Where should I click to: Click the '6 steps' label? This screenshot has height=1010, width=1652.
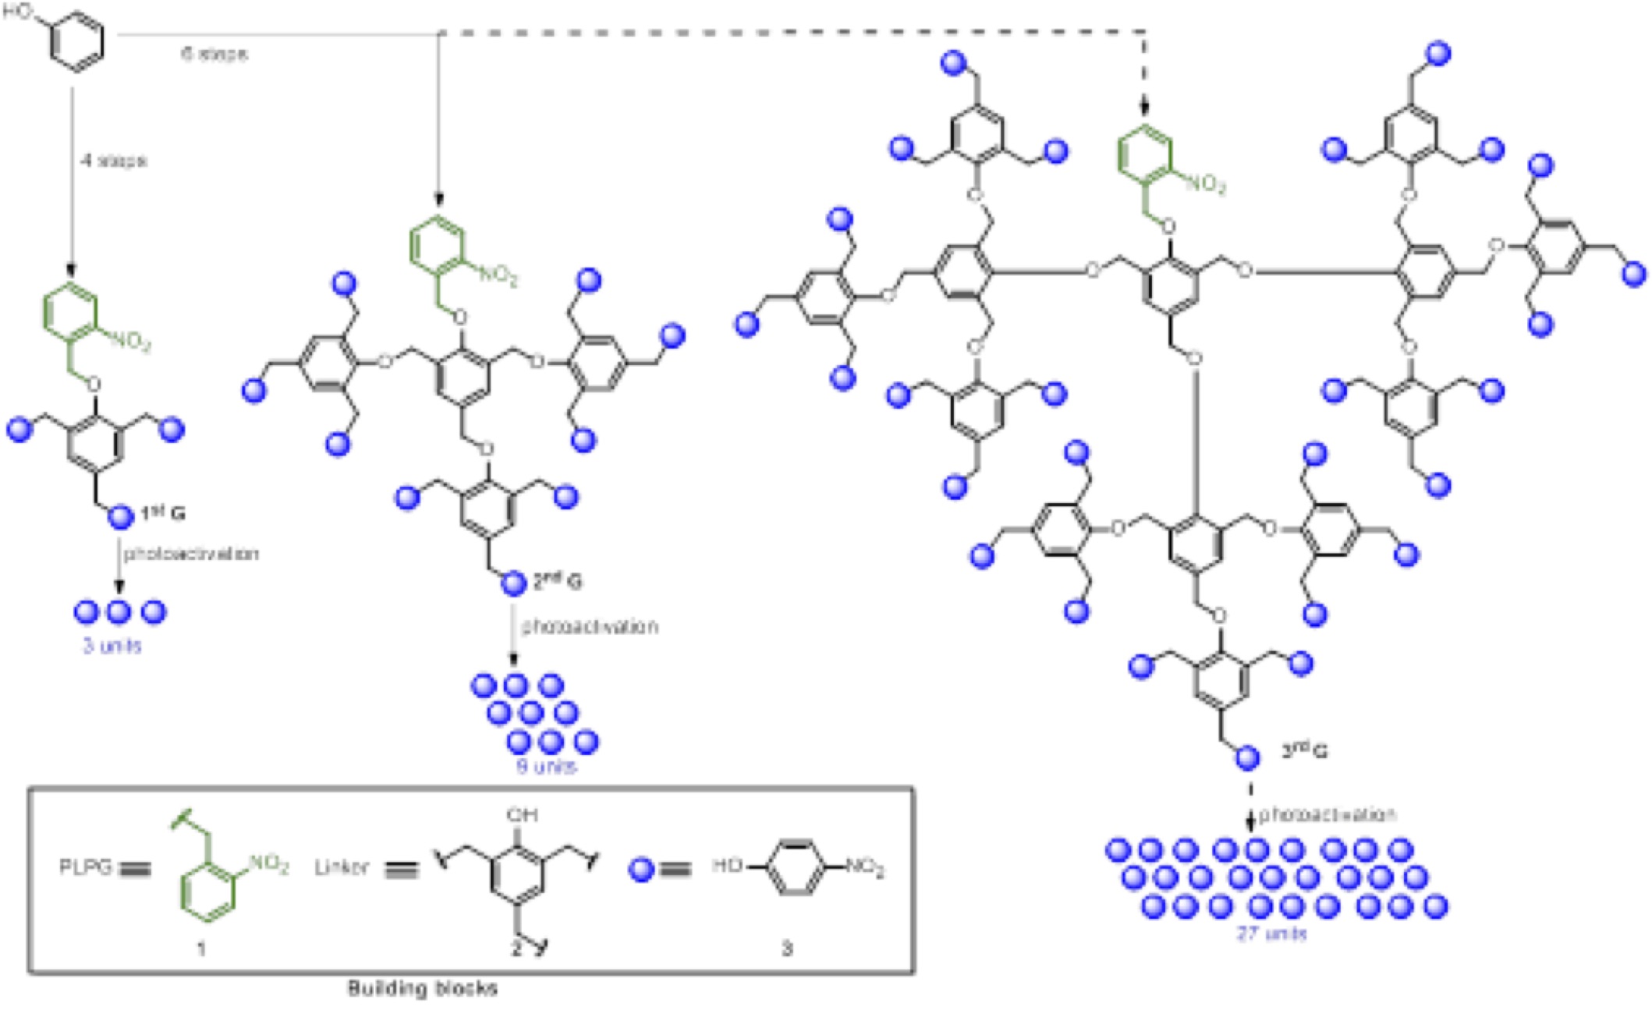pyautogui.click(x=214, y=54)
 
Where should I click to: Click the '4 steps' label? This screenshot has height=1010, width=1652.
pyautogui.click(x=115, y=161)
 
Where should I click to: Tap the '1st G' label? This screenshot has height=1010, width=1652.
pyautogui.click(x=163, y=514)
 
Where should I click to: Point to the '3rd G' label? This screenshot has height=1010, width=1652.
pyautogui.click(x=1305, y=750)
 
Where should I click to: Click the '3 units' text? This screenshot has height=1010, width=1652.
pyautogui.click(x=113, y=646)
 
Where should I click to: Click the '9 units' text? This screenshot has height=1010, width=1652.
pyautogui.click(x=546, y=766)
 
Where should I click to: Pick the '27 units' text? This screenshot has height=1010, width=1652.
pyautogui.click(x=1271, y=933)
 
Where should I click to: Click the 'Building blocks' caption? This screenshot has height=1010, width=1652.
pyautogui.click(x=422, y=989)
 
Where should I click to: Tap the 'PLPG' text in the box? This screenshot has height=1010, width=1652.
pyautogui.click(x=85, y=867)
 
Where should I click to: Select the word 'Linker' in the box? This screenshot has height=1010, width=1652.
pyautogui.click(x=341, y=867)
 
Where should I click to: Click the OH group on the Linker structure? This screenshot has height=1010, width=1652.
pyautogui.click(x=522, y=815)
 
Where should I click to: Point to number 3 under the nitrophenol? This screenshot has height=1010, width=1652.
pyautogui.click(x=787, y=948)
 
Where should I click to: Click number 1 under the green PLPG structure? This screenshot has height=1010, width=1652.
pyautogui.click(x=201, y=948)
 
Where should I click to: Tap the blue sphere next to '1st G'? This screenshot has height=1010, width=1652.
pyautogui.click(x=120, y=516)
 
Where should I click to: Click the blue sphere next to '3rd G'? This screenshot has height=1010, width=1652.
pyautogui.click(x=1247, y=757)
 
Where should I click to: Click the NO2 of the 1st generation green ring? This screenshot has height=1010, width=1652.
pyautogui.click(x=130, y=341)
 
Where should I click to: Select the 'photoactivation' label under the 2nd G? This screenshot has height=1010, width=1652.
pyautogui.click(x=590, y=626)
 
